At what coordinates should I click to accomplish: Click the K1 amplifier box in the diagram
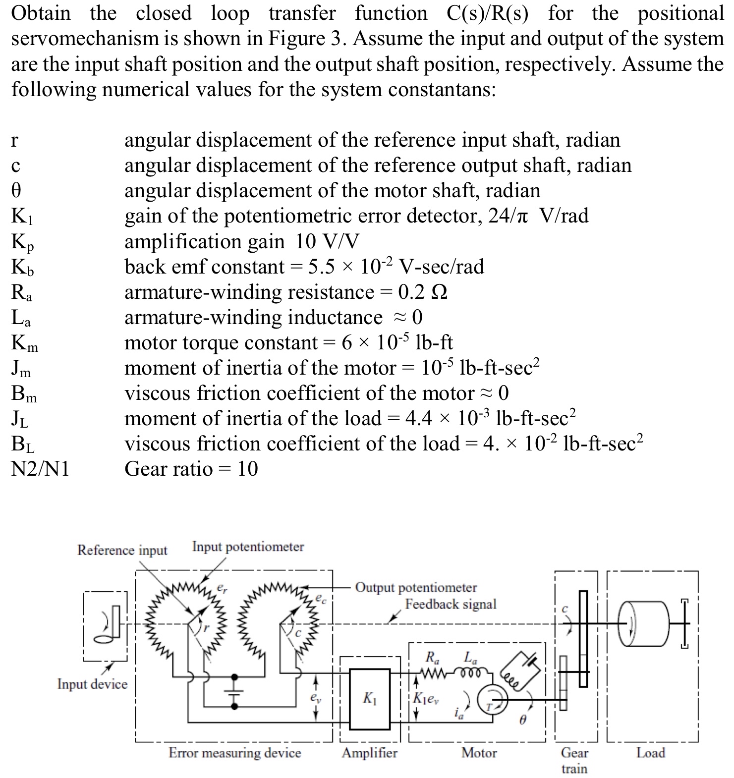coord(369,699)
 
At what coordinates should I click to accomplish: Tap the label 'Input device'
coord(92,684)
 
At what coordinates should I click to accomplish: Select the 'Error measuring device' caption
coord(234,753)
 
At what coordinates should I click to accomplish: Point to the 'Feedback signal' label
coord(451,605)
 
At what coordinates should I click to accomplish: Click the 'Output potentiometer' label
coord(416,588)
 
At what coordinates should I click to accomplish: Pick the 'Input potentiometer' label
coord(248,547)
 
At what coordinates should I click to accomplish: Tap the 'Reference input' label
coord(122,551)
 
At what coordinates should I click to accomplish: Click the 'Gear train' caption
coord(574,761)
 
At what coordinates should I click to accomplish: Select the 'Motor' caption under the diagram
coord(479,753)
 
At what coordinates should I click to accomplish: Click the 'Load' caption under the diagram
coord(650,753)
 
